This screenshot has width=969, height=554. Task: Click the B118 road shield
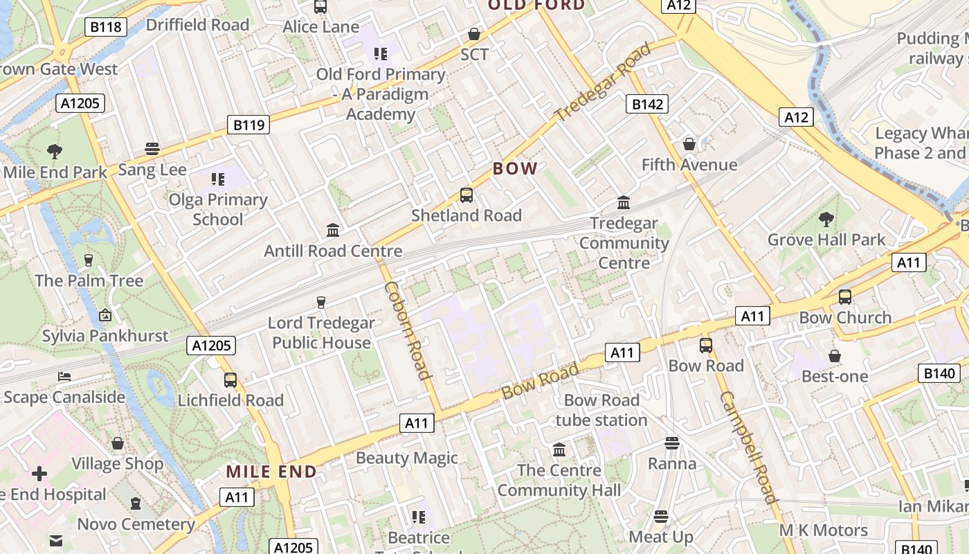pos(106,27)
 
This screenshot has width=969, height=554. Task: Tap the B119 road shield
pos(248,125)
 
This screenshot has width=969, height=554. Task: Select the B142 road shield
pos(648,104)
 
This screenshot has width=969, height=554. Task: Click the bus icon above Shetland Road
pos(467,195)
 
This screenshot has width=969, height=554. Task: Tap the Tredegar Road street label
pos(604,81)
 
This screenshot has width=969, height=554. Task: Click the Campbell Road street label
pos(749,447)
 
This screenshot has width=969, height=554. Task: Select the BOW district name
pos(515,168)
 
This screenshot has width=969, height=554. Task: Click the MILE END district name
pos(271,472)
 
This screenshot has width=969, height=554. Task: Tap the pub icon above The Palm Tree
pos(89,260)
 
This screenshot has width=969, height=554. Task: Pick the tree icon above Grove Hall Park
pos(826,220)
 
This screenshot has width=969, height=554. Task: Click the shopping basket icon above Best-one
pos(835,356)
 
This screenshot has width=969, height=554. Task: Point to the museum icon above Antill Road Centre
pos(333,230)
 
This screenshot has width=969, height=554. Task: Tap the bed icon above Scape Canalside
pos(64,377)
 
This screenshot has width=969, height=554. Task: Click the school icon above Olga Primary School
pos(219,179)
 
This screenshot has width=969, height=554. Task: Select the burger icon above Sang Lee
pos(152,149)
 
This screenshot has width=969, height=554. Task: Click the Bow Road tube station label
pos(601,410)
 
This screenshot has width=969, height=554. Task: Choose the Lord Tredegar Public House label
pos(321,332)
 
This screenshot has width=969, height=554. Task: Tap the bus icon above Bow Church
pos(845,297)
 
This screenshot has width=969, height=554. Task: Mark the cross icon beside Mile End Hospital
pos(39,474)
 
